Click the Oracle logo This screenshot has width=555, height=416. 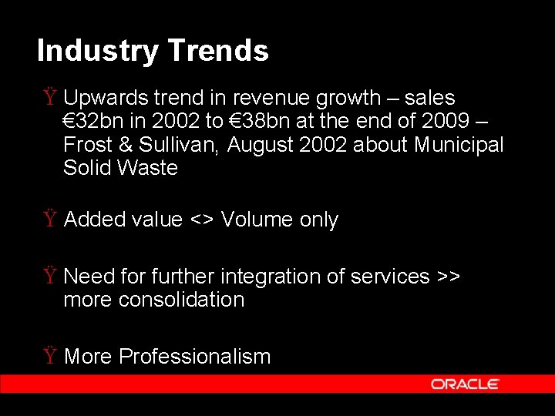(x=465, y=384)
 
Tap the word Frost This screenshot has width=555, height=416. (x=86, y=145)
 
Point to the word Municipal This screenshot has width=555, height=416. (x=459, y=145)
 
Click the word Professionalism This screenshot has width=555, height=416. (x=195, y=357)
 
